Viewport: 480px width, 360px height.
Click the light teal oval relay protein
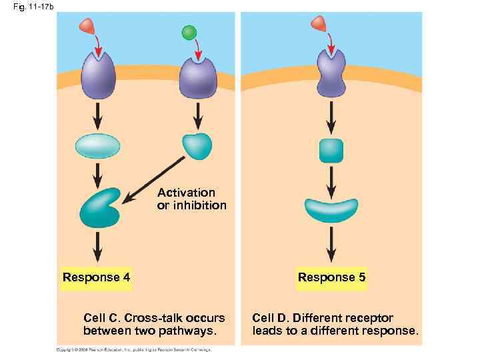point(98,145)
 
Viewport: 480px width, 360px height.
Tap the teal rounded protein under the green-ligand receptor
point(197,146)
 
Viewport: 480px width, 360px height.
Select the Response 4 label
point(96,277)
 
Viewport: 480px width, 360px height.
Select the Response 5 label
point(331,277)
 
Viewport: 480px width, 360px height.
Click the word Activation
point(186,193)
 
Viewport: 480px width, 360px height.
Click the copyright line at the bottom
point(133,349)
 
